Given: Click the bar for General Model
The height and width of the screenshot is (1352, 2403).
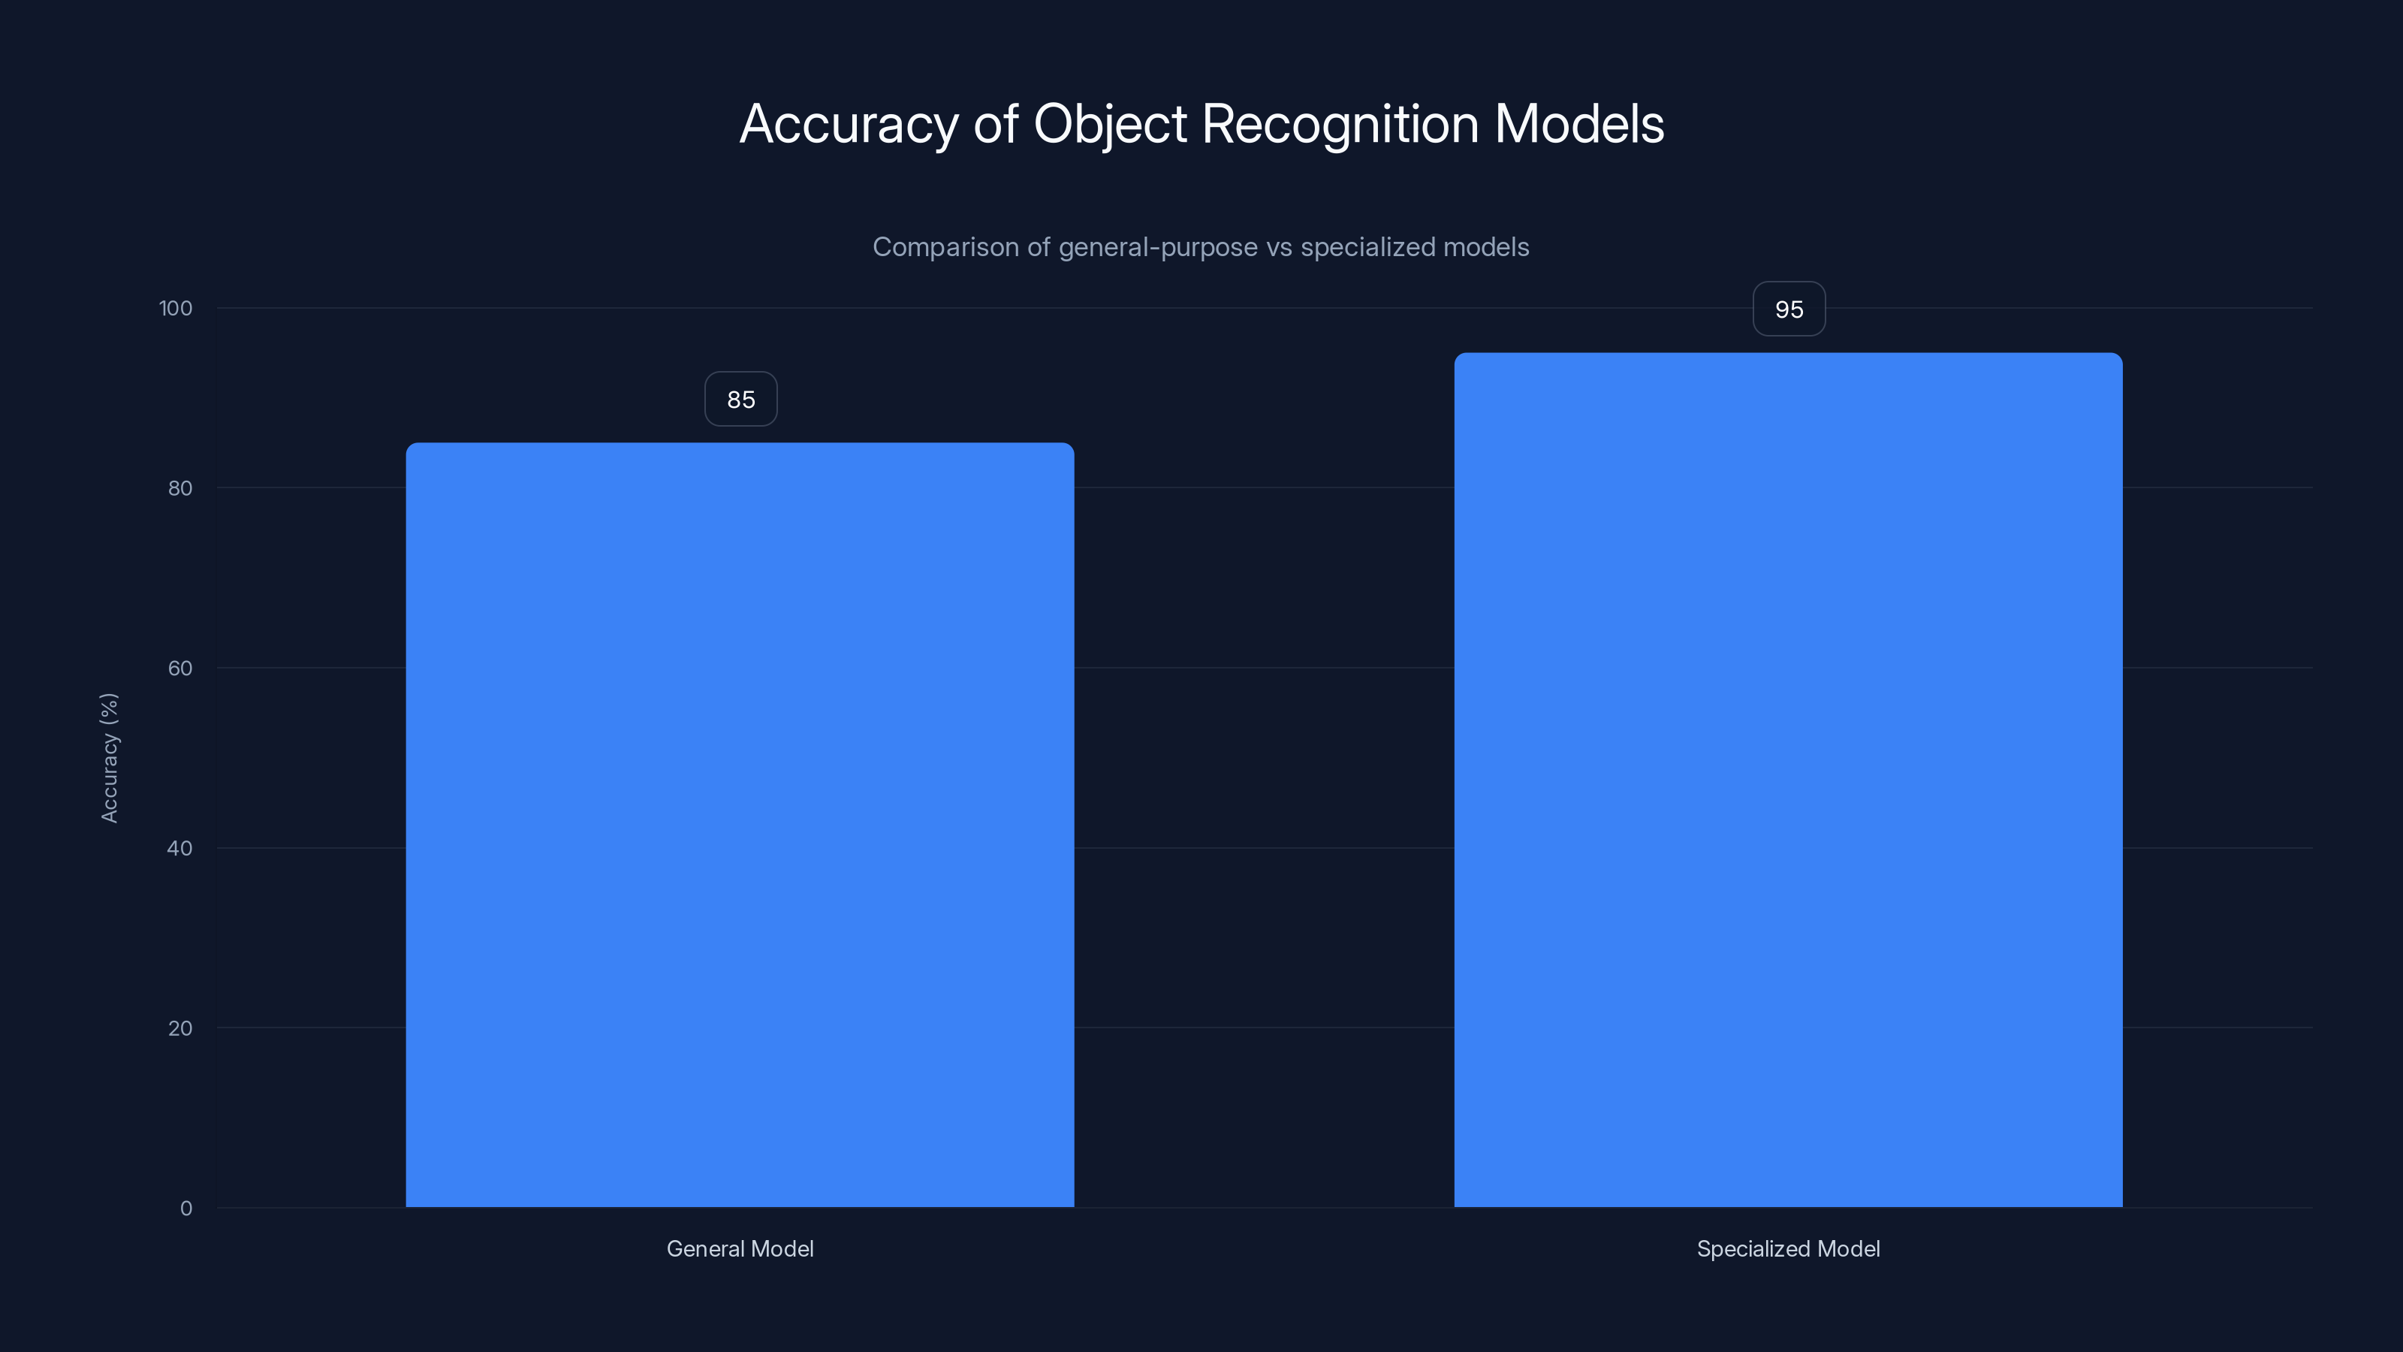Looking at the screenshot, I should click(x=740, y=825).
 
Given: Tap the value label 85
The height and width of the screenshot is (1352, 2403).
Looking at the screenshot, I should click(x=740, y=400).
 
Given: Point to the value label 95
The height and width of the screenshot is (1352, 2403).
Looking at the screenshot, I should click(x=1788, y=309).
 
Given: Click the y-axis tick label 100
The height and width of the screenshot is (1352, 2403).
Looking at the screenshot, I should click(x=176, y=309).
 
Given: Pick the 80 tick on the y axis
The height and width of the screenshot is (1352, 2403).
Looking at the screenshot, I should click(x=180, y=489).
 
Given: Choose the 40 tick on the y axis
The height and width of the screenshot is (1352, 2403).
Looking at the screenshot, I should click(x=180, y=849).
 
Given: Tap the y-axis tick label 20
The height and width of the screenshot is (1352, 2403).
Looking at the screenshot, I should click(x=180, y=1029).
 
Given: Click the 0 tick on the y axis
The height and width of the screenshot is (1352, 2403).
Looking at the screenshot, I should click(x=185, y=1209).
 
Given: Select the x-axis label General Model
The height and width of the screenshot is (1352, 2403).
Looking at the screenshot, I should click(x=740, y=1249).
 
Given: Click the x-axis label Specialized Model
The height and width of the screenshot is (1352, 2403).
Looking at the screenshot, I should click(x=1787, y=1249).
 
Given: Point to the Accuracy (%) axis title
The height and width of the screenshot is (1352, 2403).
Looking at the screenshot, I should click(x=109, y=758).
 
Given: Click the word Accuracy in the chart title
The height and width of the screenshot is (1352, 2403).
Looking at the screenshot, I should click(x=848, y=125).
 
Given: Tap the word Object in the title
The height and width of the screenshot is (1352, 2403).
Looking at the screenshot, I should click(x=1109, y=125).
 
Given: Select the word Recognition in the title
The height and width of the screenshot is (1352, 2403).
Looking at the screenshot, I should click(x=1340, y=125).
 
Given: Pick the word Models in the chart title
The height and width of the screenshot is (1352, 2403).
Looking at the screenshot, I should click(x=1578, y=125).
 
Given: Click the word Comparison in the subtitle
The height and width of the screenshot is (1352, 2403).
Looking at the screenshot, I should click(x=945, y=247).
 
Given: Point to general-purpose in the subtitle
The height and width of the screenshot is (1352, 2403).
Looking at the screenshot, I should click(x=1158, y=247).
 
